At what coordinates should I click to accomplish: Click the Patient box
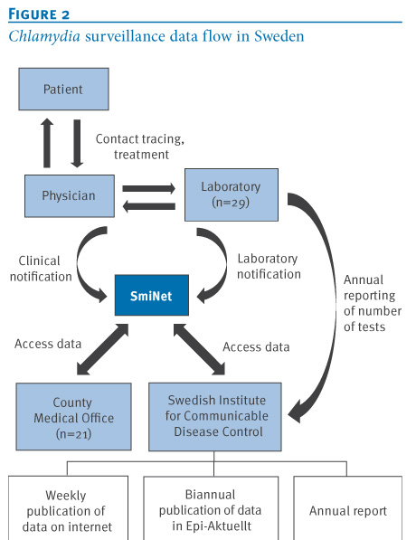coord(63,90)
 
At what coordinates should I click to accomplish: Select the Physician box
coord(70,196)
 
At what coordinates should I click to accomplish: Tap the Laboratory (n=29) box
coord(232,194)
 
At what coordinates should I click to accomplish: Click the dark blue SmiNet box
coord(152,295)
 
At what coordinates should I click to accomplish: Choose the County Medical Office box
coord(73,417)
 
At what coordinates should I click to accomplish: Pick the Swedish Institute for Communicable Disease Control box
coord(215,417)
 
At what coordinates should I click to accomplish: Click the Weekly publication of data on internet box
coord(68,508)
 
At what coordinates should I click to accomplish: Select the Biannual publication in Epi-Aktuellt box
coord(211,508)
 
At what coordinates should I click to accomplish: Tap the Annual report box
coord(348,508)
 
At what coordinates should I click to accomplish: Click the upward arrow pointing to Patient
coord(47,143)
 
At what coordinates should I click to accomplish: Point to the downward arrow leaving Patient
coord(77,144)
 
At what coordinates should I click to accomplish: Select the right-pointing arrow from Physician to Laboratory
coord(149,188)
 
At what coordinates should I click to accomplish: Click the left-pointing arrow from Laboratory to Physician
coord(149,206)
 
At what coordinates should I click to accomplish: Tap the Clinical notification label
coord(41,269)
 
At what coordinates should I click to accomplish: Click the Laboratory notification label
coord(269,266)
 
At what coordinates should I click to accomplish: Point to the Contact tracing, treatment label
coord(140,147)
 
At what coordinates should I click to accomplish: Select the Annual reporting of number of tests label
coord(373,303)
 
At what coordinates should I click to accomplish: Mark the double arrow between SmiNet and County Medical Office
coord(102,349)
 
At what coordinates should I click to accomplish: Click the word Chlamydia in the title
coord(44,36)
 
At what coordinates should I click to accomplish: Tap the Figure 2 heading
coord(39,14)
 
